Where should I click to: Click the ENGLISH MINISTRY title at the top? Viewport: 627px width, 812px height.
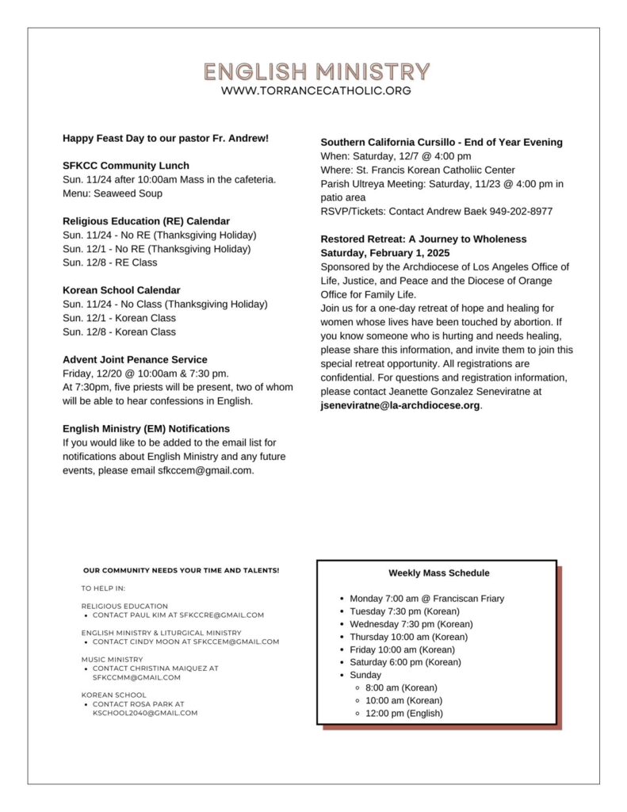(316, 71)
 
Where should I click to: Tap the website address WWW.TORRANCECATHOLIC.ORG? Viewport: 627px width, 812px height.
(316, 90)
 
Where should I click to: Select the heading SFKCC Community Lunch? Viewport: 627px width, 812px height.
(126, 166)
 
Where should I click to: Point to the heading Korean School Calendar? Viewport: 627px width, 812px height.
(121, 290)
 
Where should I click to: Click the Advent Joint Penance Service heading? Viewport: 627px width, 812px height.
(135, 359)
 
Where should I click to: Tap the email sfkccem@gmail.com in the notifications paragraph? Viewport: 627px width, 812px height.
(205, 470)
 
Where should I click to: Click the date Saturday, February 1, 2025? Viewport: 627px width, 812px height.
(384, 253)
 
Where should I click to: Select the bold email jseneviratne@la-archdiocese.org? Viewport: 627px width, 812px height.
(400, 405)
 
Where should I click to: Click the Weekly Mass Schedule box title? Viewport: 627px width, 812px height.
(438, 573)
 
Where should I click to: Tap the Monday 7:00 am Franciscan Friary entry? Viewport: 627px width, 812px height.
(426, 599)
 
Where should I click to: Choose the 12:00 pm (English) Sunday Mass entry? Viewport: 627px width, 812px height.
(404, 713)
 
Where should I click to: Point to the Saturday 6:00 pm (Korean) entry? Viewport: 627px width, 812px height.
(405, 662)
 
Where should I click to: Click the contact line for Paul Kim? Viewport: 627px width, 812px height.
(178, 615)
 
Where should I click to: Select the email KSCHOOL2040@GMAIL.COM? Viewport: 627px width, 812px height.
(145, 713)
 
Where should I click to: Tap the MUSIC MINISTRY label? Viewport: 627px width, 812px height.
(112, 659)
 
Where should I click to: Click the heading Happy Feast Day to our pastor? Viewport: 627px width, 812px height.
(166, 138)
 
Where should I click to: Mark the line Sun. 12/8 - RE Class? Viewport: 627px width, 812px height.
(109, 262)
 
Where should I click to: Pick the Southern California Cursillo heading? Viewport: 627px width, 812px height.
(442, 142)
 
